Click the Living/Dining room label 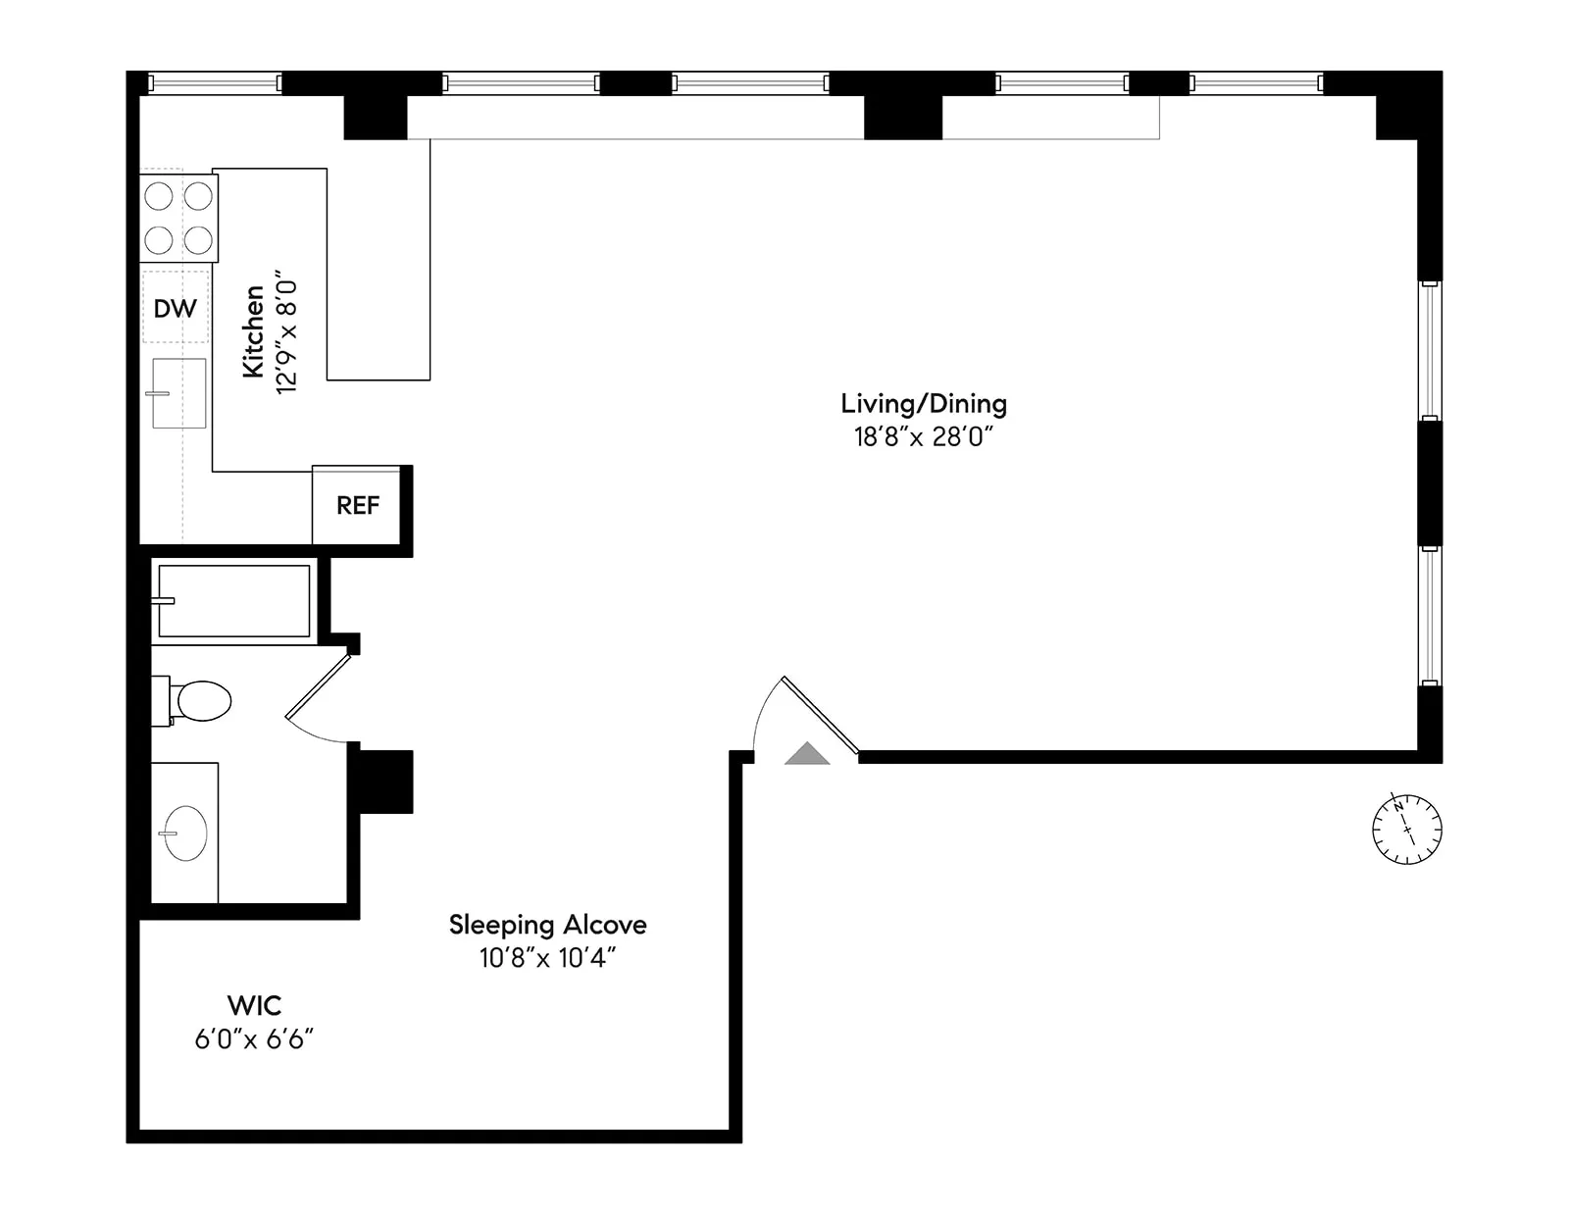[923, 404]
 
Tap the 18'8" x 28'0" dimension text [923, 437]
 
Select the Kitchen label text [254, 331]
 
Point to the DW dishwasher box [176, 308]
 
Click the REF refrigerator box [357, 505]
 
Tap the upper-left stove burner [159, 197]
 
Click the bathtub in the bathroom [233, 601]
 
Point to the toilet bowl [203, 701]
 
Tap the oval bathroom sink [185, 833]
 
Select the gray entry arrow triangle [807, 754]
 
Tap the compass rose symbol [1406, 830]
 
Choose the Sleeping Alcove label [547, 925]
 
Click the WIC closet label [254, 1005]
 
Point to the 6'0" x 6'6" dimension [254, 1039]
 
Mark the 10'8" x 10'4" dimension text [547, 958]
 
